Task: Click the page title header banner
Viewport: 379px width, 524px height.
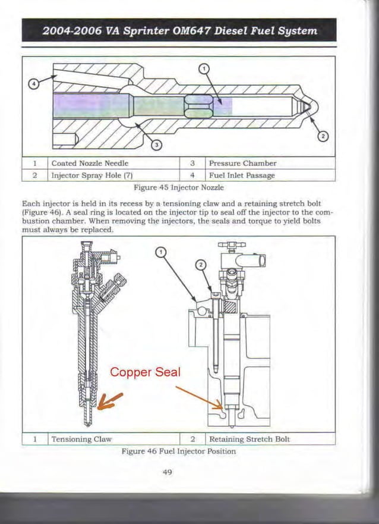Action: (179, 30)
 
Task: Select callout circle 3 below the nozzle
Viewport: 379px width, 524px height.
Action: (156, 144)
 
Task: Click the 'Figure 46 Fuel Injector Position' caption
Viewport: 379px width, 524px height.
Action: (178, 451)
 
